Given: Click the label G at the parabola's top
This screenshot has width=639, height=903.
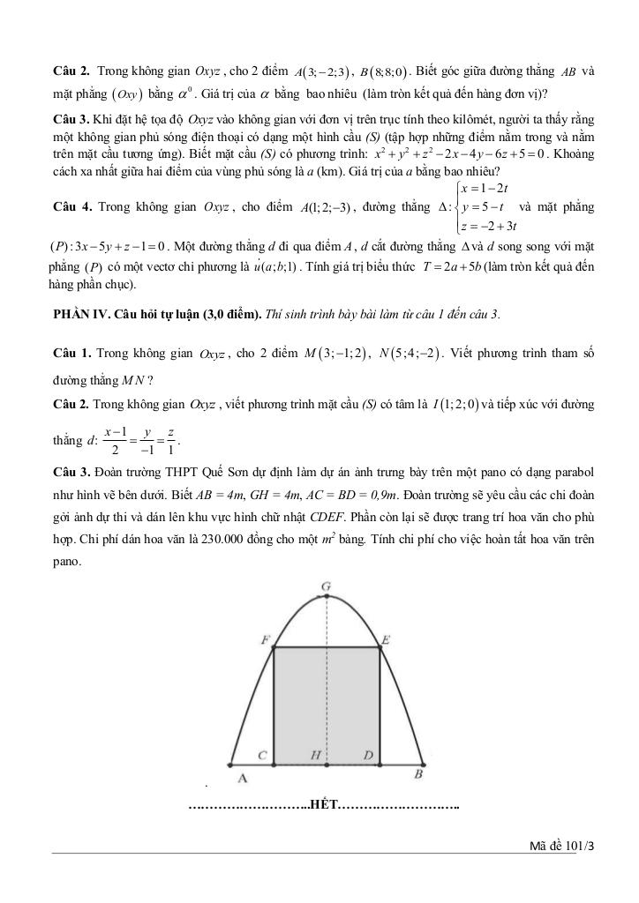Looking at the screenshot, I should (326, 586).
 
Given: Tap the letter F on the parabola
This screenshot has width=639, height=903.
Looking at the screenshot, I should (266, 638).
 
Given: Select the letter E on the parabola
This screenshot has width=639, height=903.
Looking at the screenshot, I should (386, 638).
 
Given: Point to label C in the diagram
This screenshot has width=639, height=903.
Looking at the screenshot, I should (263, 757).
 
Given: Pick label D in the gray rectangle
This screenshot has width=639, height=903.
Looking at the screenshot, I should (369, 757).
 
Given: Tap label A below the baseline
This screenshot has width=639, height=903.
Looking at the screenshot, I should (243, 778).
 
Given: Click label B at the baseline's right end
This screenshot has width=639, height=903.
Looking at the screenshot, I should (417, 774).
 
